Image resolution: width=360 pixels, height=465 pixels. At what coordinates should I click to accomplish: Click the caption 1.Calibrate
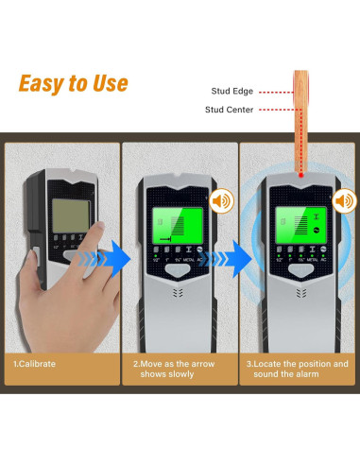(35, 363)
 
